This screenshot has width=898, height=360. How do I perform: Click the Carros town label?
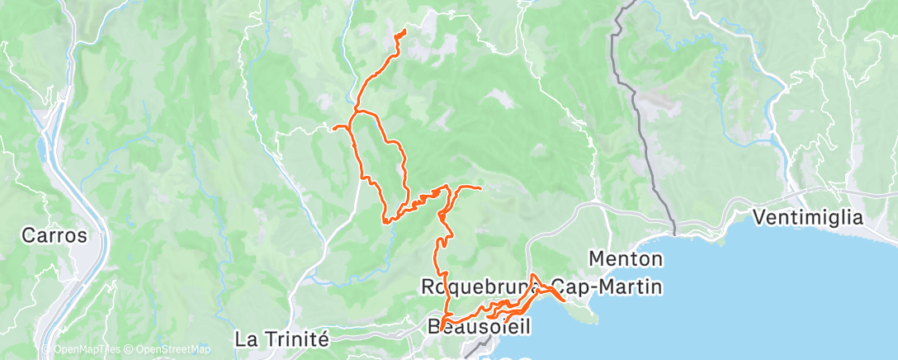pos(54,235)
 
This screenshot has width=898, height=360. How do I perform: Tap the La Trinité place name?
pos(282,339)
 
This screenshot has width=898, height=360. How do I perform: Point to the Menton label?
pos(626,259)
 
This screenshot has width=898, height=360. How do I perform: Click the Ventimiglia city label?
pos(808,219)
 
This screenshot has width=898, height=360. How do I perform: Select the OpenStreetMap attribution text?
pos(168,349)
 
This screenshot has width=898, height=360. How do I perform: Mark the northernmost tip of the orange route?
pos(404,31)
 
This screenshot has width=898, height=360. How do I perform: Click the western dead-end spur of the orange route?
pos(333,128)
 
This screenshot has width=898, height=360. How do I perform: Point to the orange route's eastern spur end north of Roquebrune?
pos(480,189)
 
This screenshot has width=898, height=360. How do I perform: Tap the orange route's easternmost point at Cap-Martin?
pos(564,301)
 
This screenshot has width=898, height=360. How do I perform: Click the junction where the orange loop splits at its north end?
pos(355,111)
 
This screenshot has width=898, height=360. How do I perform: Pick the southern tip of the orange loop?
pos(385,221)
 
